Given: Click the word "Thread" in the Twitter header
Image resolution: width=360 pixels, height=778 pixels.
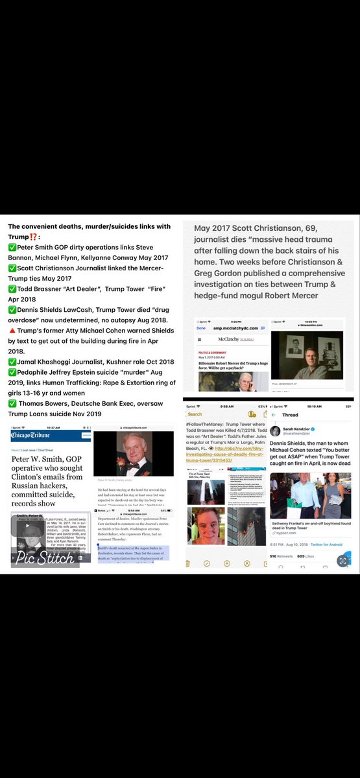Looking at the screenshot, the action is [x=290, y=414].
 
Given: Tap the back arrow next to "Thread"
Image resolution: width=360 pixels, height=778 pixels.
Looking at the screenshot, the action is [x=275, y=414].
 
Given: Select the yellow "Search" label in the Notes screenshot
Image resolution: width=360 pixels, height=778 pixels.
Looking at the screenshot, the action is [x=195, y=414].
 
